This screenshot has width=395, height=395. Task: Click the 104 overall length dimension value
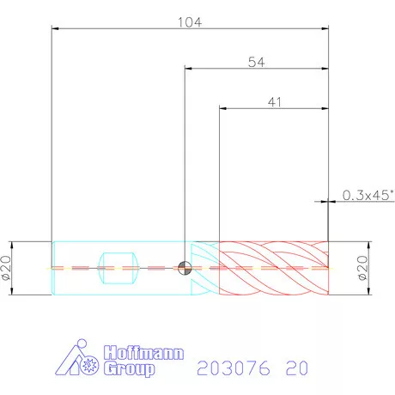click(190, 22)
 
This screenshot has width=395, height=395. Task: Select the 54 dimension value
click(256, 62)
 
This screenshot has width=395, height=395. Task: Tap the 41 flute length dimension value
click(275, 102)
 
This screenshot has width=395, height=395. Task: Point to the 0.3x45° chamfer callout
click(368, 195)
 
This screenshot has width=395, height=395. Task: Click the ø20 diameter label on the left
click(6, 268)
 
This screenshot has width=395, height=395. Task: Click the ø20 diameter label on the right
click(362, 268)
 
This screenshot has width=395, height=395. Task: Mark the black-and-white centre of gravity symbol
click(185, 268)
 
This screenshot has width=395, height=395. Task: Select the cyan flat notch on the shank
click(118, 268)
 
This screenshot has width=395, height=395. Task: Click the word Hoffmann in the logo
click(143, 353)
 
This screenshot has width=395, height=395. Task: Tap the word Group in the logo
click(129, 368)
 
